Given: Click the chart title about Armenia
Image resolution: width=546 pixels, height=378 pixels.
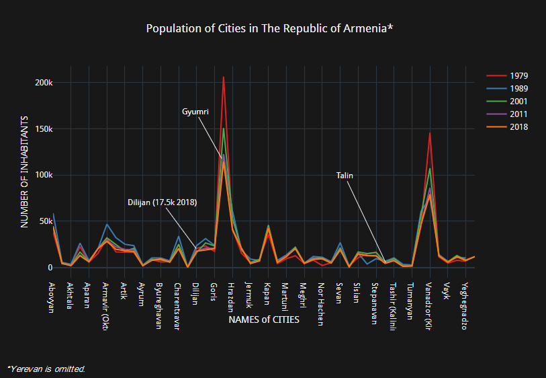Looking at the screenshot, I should [x=269, y=29].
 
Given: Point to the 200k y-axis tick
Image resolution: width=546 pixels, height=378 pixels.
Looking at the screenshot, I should [x=44, y=83].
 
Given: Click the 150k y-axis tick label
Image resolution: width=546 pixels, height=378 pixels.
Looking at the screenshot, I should [x=44, y=129].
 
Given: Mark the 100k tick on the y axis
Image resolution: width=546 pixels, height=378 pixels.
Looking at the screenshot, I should [x=44, y=175].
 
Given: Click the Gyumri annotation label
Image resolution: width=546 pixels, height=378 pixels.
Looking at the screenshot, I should [x=195, y=112].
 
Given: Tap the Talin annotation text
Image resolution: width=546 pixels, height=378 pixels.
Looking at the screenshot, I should [x=345, y=176].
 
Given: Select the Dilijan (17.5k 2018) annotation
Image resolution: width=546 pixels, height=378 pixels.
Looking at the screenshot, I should [x=162, y=202].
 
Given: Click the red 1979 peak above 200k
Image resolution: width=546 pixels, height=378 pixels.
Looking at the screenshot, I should [x=223, y=77].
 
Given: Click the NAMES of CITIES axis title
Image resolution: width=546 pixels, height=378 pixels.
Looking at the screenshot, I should [x=264, y=320].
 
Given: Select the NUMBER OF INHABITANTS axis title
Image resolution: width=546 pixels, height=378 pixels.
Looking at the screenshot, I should [x=25, y=171].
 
